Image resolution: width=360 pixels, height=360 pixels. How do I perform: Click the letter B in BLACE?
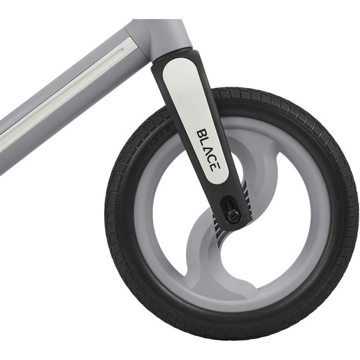tap(200, 131)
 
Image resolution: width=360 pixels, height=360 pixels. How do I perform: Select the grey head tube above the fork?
tap(164, 35)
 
